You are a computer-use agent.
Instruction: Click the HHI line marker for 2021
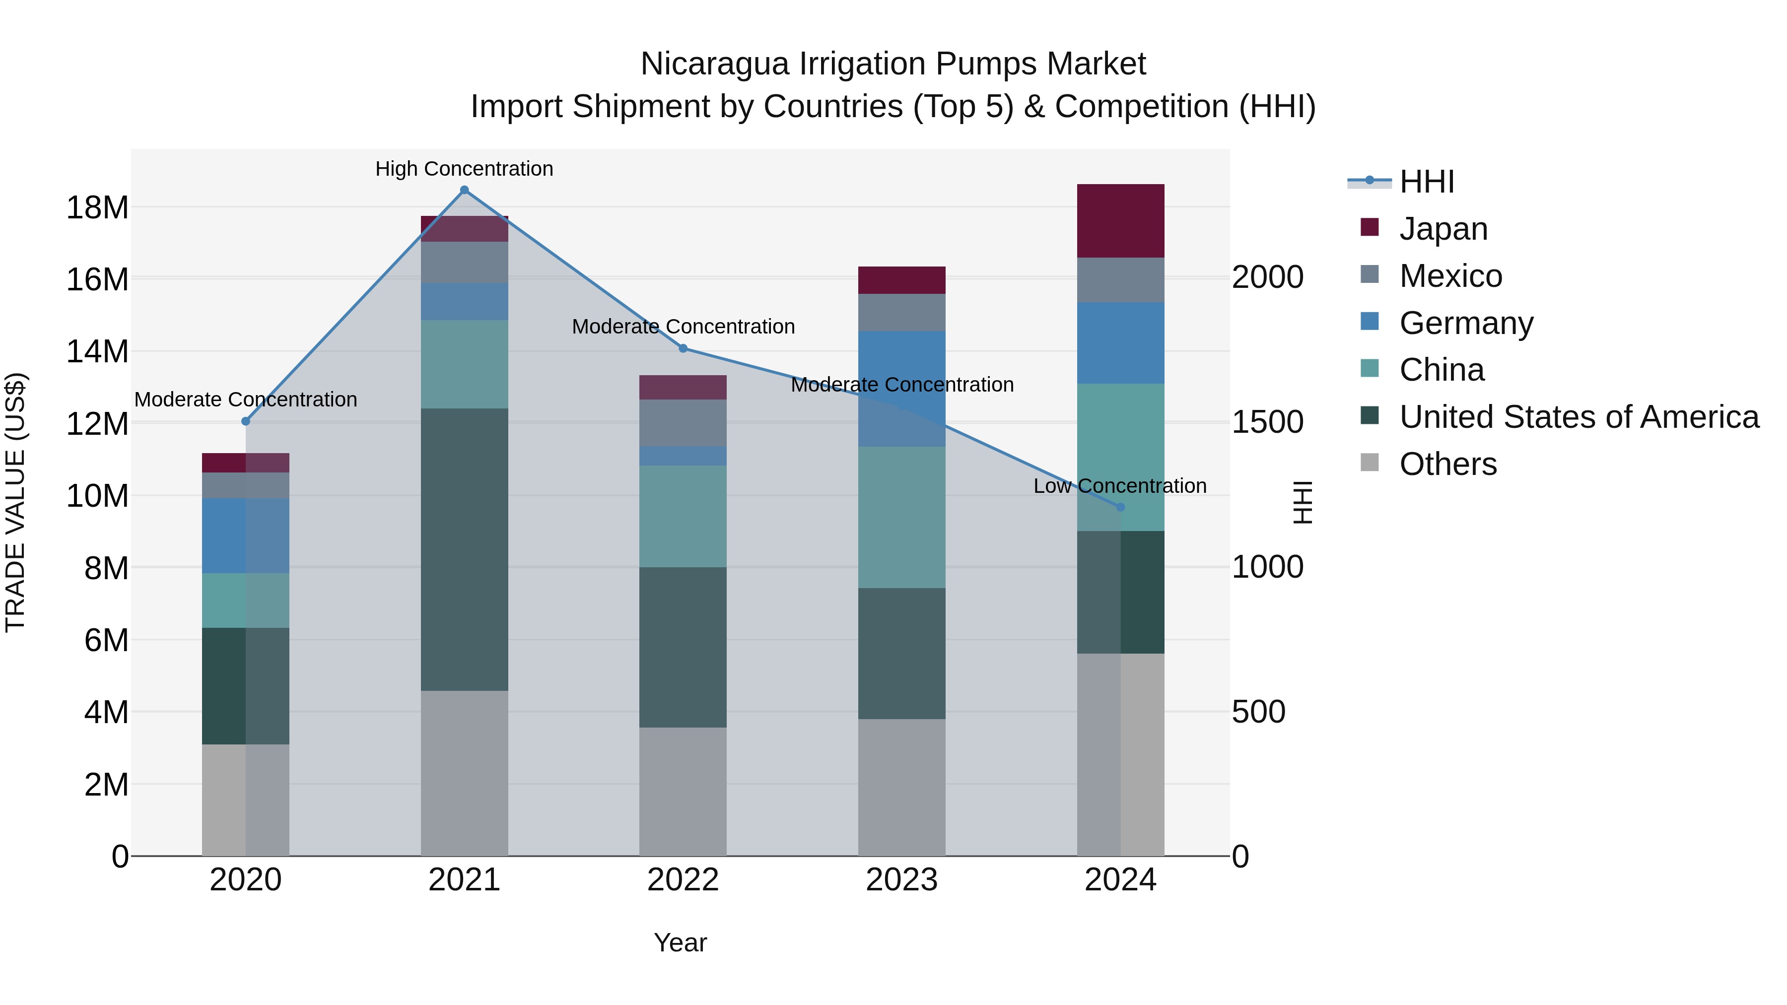pos(464,190)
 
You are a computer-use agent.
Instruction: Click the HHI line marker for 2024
pos(1120,507)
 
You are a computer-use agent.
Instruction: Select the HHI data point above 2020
pos(246,421)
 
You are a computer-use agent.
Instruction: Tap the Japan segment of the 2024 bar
pos(1120,220)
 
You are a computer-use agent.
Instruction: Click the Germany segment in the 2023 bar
pos(901,389)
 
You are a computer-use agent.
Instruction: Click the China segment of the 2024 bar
pos(1120,457)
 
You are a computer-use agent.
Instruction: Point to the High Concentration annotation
pos(464,169)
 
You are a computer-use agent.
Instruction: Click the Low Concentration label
pos(1120,485)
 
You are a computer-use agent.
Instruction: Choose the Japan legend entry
pos(1443,229)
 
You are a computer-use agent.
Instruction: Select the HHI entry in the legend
pos(1426,182)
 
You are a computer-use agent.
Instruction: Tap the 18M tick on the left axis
pos(97,207)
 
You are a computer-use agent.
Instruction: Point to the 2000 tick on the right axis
pos(1267,277)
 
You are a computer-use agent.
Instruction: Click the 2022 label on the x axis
pos(683,880)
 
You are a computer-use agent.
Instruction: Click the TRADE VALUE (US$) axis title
pos(15,502)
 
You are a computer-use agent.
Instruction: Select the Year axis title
pos(680,942)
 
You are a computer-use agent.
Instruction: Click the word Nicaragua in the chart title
pos(714,64)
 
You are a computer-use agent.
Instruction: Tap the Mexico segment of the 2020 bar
pos(246,485)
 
